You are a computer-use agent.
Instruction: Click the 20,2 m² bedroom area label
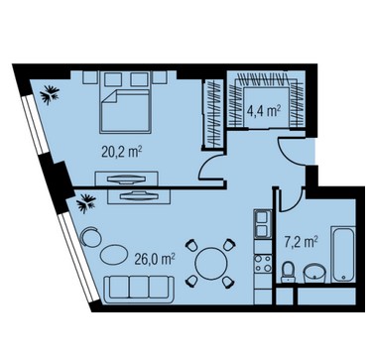click(122, 152)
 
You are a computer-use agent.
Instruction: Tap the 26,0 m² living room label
click(155, 259)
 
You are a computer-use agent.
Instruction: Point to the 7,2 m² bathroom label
click(301, 242)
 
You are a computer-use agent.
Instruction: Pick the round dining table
click(211, 263)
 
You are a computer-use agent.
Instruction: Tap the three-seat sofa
click(139, 289)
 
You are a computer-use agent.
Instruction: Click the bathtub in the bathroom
click(343, 254)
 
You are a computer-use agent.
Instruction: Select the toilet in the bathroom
click(289, 273)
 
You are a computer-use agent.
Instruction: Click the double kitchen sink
click(263, 224)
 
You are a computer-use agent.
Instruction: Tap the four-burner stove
click(263, 264)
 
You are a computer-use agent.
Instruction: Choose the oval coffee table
click(114, 254)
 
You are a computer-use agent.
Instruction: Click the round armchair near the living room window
click(90, 237)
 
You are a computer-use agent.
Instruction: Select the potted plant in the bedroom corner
click(50, 94)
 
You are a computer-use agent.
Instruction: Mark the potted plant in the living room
click(86, 203)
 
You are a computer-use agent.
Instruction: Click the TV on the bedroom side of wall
click(126, 179)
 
